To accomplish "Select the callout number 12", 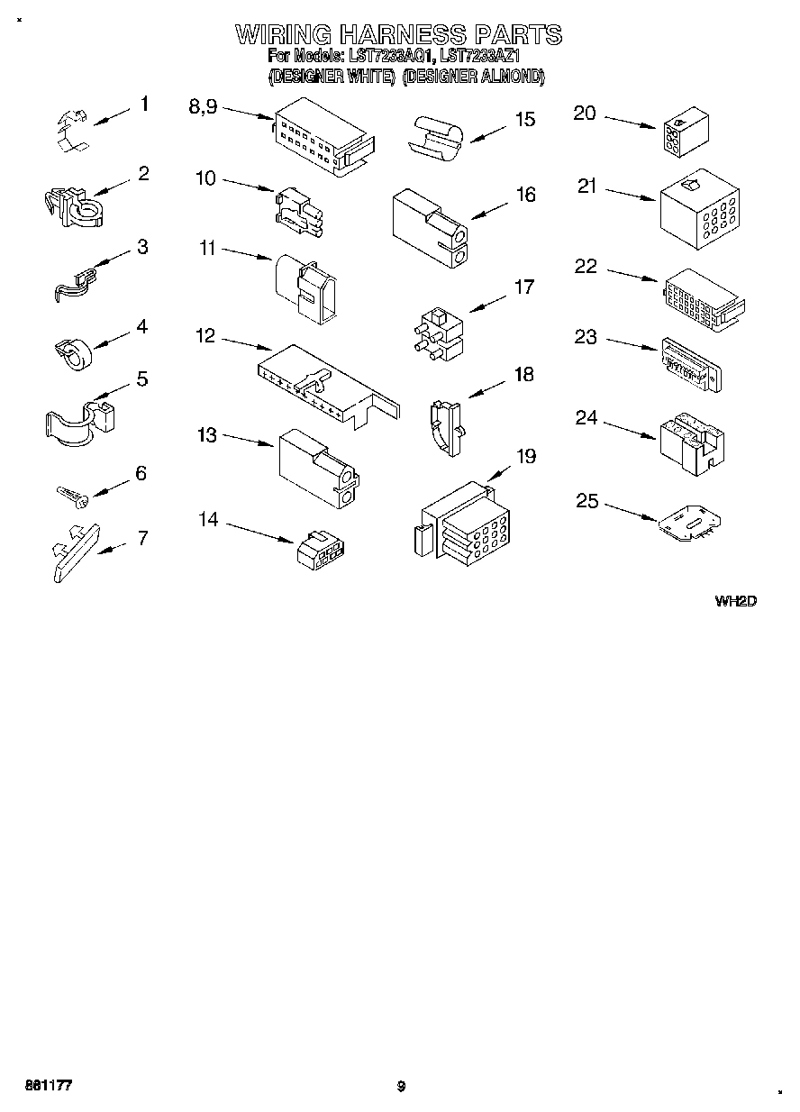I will click(x=205, y=336).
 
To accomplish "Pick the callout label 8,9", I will click(x=203, y=106).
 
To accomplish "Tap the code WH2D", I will click(x=735, y=601).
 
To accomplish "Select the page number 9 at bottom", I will click(x=401, y=1086).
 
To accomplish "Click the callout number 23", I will click(x=586, y=336).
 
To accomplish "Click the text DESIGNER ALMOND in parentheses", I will click(x=474, y=77).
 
